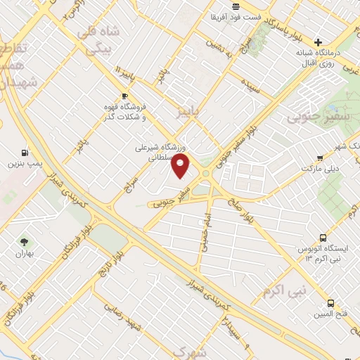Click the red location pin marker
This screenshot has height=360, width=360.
point(181,166)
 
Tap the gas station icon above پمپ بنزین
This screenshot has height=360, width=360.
point(26,152)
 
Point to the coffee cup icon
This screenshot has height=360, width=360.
point(124,96)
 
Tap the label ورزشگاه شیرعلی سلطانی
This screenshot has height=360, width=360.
point(165,153)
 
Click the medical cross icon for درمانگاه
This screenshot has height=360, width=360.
point(319,42)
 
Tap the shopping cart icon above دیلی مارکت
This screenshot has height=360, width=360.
point(320,158)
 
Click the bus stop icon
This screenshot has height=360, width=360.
point(323,238)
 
